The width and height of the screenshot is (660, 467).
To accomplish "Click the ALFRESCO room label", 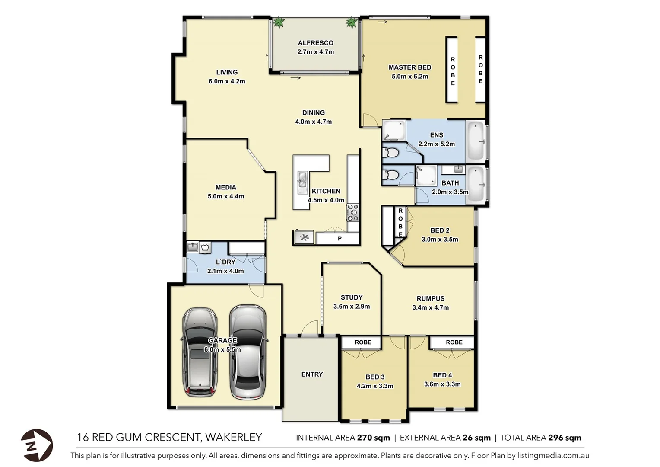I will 316,43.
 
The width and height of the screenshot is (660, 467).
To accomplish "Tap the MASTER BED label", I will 410,67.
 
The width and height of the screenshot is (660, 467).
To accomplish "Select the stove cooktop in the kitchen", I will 353,212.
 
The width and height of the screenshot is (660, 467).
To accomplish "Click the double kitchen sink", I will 302,179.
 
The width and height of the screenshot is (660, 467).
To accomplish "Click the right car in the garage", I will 248,352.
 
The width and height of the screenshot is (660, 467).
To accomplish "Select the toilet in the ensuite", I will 391,152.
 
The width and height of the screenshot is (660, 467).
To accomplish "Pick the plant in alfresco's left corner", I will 279,22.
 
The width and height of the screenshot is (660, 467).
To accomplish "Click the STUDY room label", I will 352,297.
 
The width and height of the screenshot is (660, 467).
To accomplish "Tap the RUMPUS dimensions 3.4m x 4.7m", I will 431,307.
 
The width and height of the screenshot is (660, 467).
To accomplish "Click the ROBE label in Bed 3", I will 363,342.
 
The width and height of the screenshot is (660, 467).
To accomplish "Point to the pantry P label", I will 340,238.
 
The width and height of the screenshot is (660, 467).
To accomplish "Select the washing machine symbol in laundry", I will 205,248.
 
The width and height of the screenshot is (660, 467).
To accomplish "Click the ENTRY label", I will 312,374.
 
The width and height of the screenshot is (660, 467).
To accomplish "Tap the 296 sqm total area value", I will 565,438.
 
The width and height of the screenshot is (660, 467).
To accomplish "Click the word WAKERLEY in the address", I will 233,437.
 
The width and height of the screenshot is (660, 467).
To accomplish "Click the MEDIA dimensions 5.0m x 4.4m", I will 226,196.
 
